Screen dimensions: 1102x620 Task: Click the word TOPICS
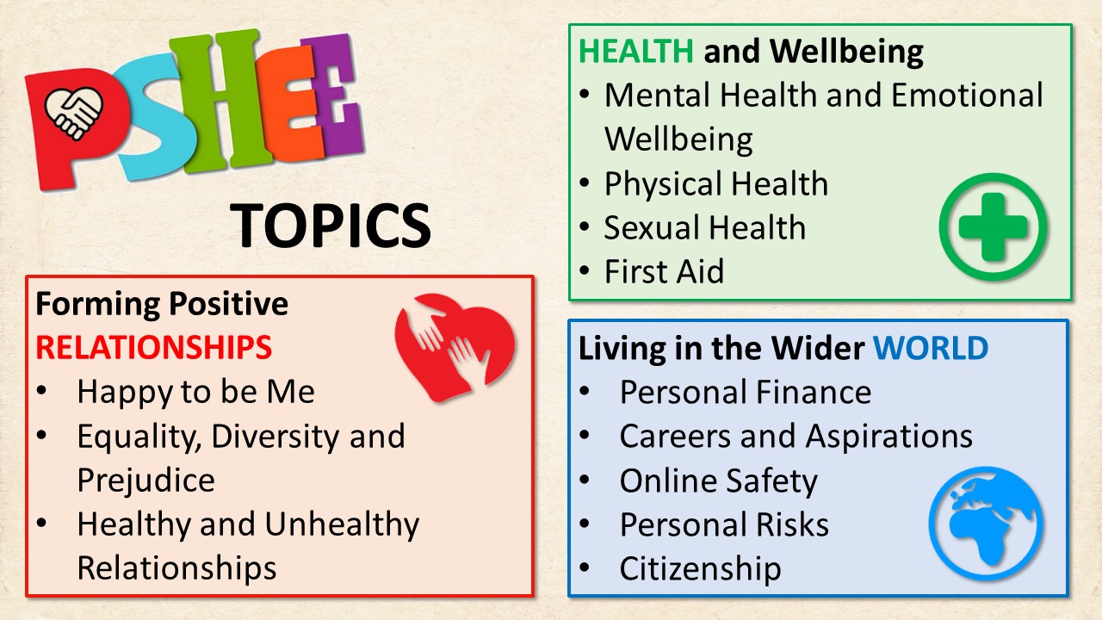[x=331, y=226]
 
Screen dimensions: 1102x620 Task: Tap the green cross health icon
[x=994, y=226]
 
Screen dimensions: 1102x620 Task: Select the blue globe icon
[x=986, y=523]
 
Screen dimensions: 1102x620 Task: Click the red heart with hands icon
[x=455, y=347]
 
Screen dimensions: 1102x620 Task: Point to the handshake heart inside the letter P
[x=74, y=113]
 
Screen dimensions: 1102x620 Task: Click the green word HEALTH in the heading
[x=635, y=51]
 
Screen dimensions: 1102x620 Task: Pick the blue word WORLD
[x=931, y=348]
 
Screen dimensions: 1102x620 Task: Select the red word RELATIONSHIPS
[x=153, y=347]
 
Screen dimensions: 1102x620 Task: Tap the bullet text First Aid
[x=664, y=271]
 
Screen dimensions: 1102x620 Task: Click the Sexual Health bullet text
[x=705, y=227]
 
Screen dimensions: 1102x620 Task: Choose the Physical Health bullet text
[x=716, y=183]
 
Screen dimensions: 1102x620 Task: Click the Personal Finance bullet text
[x=746, y=392]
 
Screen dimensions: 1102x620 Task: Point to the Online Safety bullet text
[x=718, y=481]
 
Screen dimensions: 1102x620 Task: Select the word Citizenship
[x=700, y=569]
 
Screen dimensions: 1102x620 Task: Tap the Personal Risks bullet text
[x=724, y=524]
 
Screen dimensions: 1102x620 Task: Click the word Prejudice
[x=146, y=480]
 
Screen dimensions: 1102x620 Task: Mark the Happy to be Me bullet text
[x=195, y=393]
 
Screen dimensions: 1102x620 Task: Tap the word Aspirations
[x=888, y=437]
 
